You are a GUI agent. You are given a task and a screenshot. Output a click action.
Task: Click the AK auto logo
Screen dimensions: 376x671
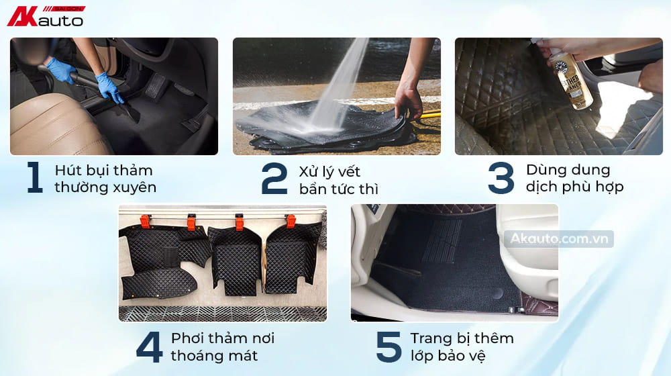point(46,16)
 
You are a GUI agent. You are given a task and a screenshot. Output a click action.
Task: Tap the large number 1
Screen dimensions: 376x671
point(34,178)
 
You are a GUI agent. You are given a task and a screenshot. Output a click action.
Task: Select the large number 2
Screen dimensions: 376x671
point(274,179)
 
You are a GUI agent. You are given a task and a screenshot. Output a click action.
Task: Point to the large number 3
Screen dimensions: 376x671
point(501,178)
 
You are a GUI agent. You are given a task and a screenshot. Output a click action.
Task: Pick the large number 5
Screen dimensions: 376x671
point(389,346)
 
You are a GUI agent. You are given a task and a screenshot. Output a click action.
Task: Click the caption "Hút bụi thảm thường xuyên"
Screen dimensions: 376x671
point(105,179)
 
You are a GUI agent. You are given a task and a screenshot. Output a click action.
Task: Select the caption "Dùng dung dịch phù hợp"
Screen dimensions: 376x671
point(574,178)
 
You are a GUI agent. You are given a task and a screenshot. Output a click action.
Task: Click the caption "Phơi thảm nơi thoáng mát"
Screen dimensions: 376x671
point(222,346)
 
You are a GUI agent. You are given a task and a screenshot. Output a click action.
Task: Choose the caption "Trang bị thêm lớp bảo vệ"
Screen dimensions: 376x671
point(462,346)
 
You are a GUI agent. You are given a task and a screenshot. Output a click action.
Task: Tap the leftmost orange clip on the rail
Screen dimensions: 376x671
point(144,220)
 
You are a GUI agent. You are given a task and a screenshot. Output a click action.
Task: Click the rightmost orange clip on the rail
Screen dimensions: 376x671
point(291,221)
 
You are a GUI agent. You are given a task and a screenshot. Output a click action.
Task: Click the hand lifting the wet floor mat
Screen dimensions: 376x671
point(407,101)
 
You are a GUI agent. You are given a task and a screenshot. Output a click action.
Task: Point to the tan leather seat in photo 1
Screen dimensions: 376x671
point(54,124)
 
